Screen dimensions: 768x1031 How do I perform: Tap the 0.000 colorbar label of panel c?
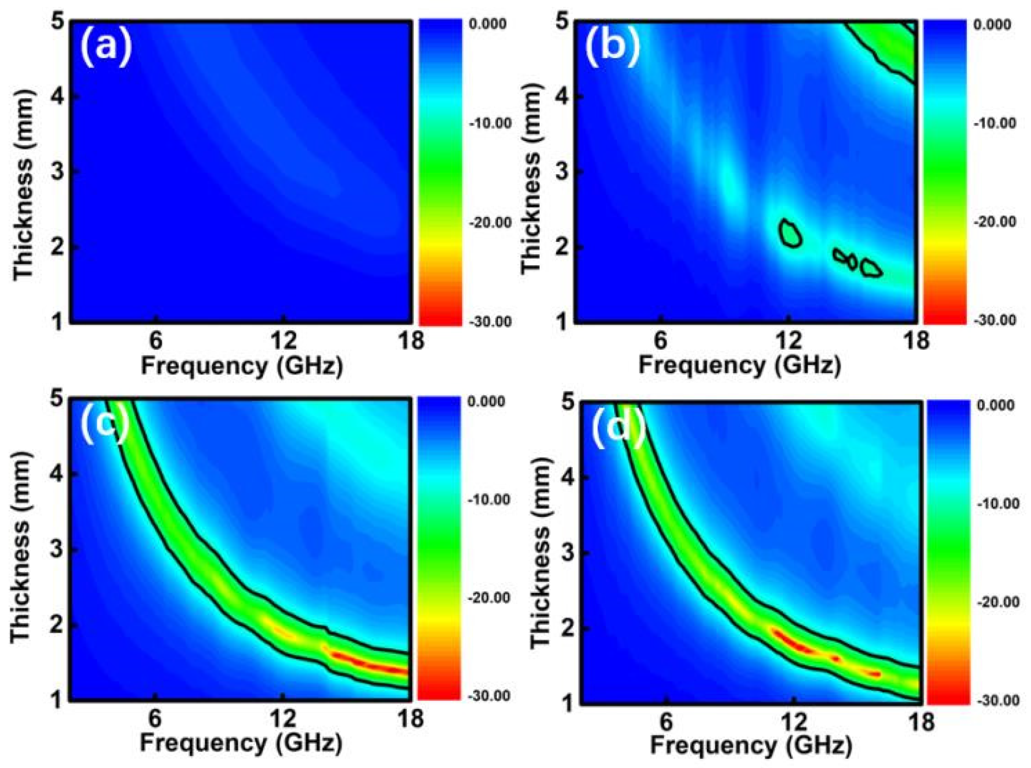(x=488, y=401)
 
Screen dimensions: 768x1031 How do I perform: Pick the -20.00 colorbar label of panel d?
(x=995, y=603)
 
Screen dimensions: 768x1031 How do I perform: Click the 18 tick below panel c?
(x=410, y=718)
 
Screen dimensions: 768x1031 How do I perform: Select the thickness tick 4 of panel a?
(x=61, y=97)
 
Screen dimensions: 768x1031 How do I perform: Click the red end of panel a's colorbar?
(x=440, y=316)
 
